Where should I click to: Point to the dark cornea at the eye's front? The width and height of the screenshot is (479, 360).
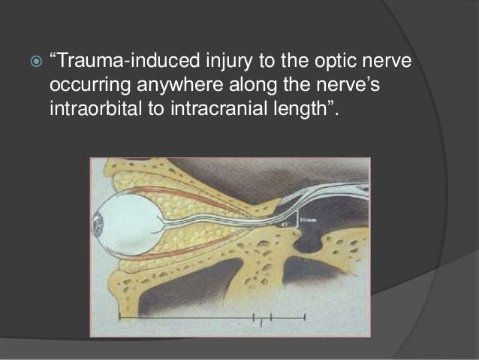coord(97,224)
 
